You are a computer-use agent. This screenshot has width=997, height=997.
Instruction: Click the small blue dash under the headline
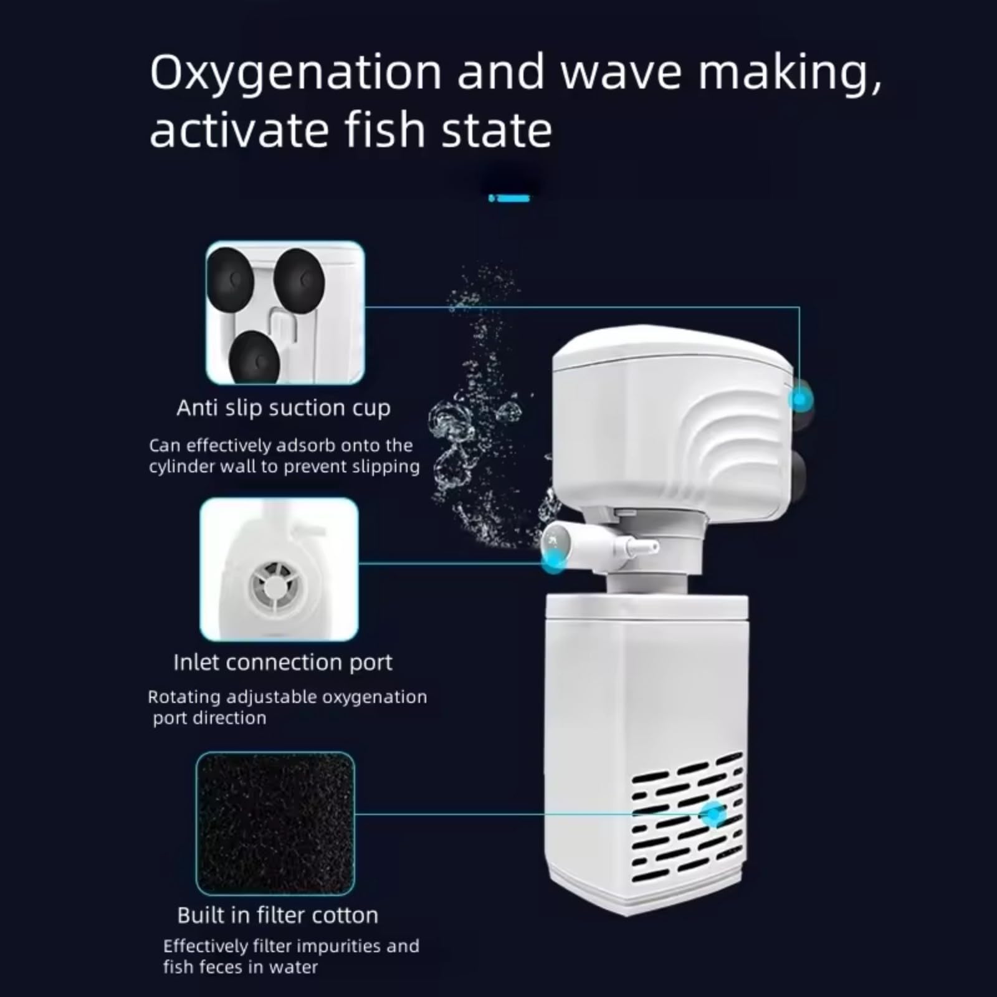point(510,198)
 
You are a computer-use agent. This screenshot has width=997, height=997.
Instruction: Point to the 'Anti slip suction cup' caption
point(284,408)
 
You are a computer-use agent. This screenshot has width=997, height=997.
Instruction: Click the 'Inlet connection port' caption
point(283,662)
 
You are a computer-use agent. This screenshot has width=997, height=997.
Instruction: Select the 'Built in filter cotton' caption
point(278,915)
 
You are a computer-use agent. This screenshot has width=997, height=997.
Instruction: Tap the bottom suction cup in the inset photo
point(252,357)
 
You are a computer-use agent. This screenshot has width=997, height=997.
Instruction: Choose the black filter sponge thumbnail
point(275,824)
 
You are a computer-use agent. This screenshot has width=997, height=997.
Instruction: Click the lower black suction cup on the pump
point(800,477)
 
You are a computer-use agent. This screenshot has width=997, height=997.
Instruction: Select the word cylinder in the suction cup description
point(178,467)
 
